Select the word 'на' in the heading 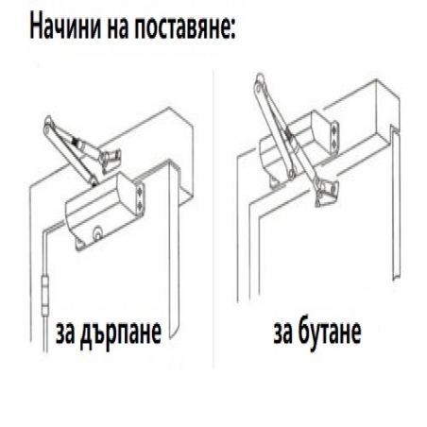click(119, 25)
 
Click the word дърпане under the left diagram click(120, 333)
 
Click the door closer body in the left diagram click(100, 213)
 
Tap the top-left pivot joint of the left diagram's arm click(47, 123)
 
